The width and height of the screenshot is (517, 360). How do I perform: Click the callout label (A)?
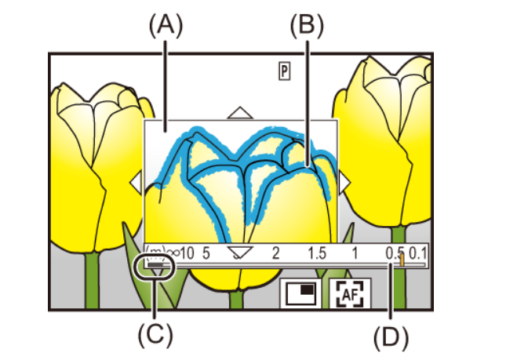(166, 27)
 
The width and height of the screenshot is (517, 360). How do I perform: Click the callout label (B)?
(307, 26)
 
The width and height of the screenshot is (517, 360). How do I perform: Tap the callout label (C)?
(155, 335)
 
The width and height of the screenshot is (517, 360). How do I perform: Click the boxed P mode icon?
(285, 71)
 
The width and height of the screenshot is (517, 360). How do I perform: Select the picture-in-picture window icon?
(301, 293)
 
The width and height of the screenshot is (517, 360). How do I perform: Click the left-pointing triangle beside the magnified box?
(137, 182)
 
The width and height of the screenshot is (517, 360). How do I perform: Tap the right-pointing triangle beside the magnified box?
(344, 182)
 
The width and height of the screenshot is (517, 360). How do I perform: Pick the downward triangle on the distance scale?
(240, 253)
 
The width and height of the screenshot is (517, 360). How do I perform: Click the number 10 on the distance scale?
(187, 253)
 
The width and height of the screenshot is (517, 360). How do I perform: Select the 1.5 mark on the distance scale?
(317, 253)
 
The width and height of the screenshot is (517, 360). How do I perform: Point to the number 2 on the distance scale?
(275, 253)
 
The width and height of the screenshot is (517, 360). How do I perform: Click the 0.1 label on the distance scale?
(417, 253)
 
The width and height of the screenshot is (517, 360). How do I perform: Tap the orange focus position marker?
(402, 260)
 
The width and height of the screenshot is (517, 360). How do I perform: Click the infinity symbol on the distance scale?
(173, 253)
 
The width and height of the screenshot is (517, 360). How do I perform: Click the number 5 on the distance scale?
(206, 253)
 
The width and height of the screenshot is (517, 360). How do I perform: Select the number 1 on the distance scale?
(355, 253)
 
